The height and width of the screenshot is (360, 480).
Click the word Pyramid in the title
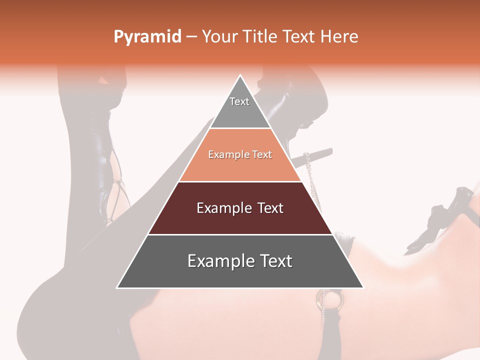click(x=147, y=37)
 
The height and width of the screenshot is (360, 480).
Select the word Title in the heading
click(x=261, y=36)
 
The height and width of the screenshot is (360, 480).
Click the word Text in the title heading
click(x=299, y=36)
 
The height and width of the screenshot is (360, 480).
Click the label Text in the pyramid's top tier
click(x=239, y=101)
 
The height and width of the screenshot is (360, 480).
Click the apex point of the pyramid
click(x=240, y=76)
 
